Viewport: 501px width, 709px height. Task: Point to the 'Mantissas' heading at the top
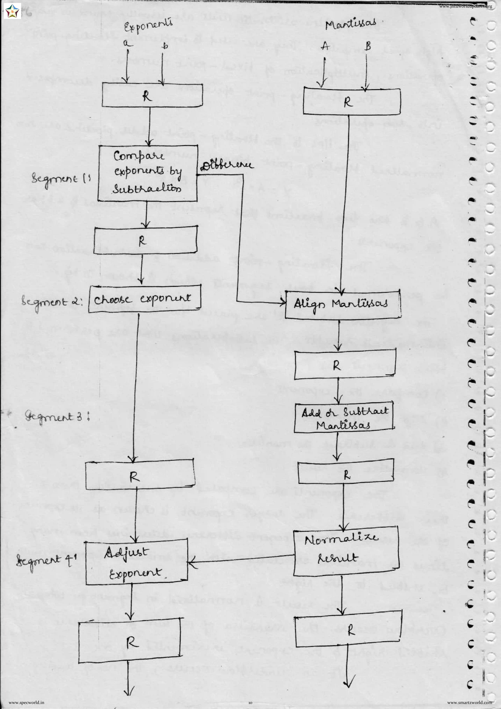351,24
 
